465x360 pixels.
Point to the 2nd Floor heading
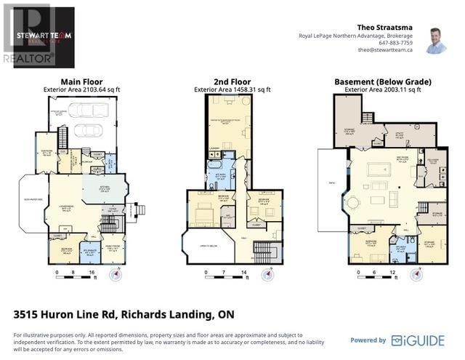pos(232,82)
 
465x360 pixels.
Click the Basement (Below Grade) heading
pos(383,82)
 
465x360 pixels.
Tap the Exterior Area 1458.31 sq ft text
pos(232,89)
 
